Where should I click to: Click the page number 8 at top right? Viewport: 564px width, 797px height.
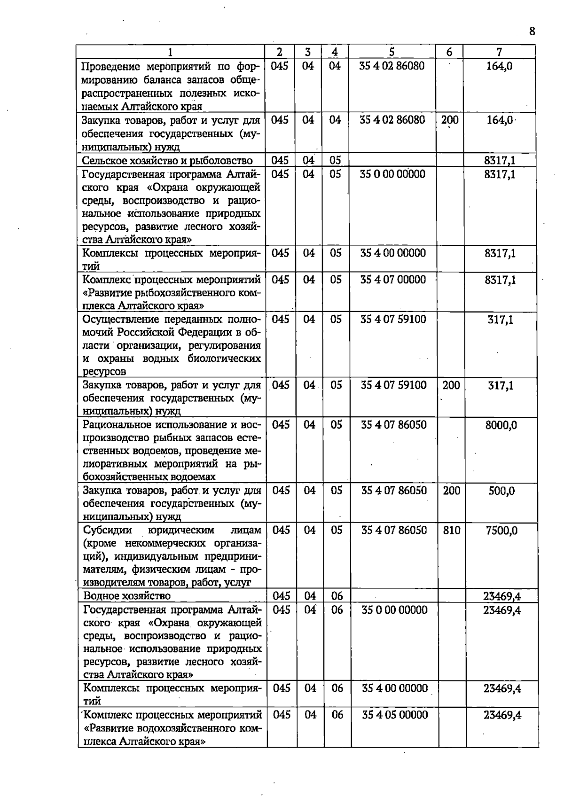pyautogui.click(x=532, y=31)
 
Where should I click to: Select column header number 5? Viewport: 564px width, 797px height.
pyautogui.click(x=392, y=52)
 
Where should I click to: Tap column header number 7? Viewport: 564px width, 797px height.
pyautogui.click(x=499, y=52)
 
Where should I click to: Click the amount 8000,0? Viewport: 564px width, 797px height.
pyautogui.click(x=501, y=425)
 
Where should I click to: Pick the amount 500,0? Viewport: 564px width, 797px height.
pyautogui.click(x=501, y=491)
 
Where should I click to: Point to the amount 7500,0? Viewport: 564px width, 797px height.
pyautogui.click(x=501, y=531)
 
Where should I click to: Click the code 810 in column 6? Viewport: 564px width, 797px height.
pyautogui.click(x=451, y=531)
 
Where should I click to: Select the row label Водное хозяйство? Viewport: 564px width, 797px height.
pyautogui.click(x=127, y=596)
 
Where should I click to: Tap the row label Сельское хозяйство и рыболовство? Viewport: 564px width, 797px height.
pyautogui.click(x=167, y=161)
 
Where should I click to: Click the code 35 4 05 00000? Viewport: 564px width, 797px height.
pyautogui.click(x=395, y=715)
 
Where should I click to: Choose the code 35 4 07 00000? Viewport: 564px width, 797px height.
pyautogui.click(x=393, y=280)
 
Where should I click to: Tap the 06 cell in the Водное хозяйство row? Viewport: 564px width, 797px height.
pyautogui.click(x=337, y=596)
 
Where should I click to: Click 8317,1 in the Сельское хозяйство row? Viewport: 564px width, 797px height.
pyautogui.click(x=500, y=161)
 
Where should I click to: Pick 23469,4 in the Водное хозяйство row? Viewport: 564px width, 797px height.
pyautogui.click(x=502, y=596)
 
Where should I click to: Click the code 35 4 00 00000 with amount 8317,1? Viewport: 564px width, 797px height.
pyautogui.click(x=393, y=253)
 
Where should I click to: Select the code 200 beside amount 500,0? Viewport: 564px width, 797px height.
pyautogui.click(x=451, y=491)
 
